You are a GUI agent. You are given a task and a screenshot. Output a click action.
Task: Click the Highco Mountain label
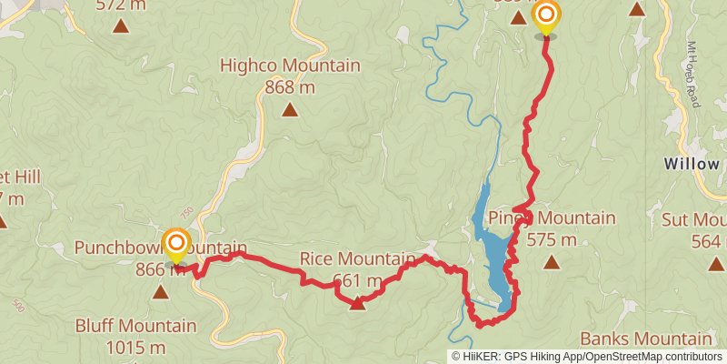(x=289, y=66)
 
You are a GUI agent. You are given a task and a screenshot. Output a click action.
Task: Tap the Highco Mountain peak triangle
(x=289, y=110)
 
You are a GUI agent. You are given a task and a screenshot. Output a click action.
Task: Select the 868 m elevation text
(x=289, y=87)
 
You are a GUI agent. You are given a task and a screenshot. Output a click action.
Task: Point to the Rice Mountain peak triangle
(x=357, y=303)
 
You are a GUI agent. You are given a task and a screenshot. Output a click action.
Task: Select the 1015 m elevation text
(x=135, y=347)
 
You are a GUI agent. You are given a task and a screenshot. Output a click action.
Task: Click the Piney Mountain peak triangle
(x=551, y=262)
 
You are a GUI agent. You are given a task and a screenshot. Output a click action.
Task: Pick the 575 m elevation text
(x=551, y=239)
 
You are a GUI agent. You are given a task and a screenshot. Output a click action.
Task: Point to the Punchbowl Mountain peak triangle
(x=161, y=291)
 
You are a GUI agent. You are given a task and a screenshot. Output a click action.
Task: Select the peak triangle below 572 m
(x=121, y=25)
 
